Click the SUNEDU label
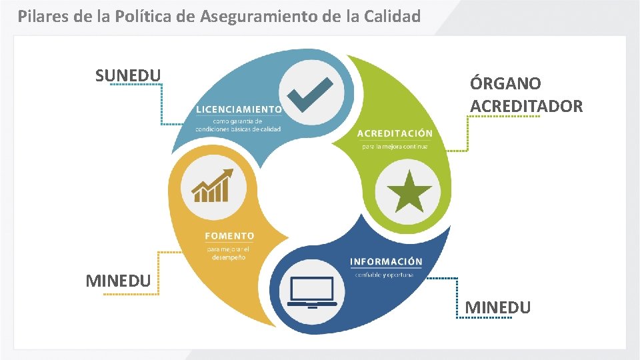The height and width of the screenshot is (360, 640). (x=128, y=75)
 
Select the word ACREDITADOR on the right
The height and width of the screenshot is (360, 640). (x=526, y=106)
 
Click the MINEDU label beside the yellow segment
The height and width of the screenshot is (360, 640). (x=118, y=281)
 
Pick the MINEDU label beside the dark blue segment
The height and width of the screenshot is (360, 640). (x=497, y=307)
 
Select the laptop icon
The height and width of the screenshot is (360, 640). (x=312, y=293)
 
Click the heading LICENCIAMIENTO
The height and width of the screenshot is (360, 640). (x=239, y=109)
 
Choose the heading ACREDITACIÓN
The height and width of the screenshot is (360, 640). (x=395, y=133)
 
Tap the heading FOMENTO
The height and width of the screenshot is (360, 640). (x=229, y=236)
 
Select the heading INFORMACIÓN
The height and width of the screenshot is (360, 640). (x=386, y=261)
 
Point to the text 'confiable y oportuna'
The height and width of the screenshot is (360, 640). (x=384, y=275)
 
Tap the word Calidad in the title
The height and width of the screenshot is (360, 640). (x=391, y=16)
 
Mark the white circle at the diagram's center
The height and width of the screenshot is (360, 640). (x=311, y=189)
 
